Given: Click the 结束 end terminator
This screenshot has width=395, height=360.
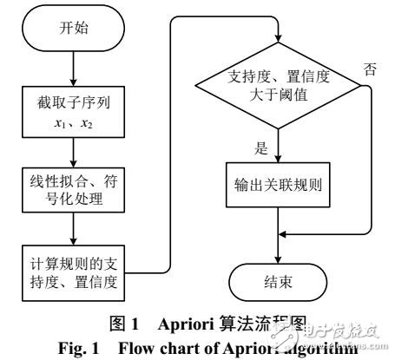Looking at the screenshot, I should click(277, 283).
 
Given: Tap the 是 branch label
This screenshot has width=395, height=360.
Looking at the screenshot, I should click(260, 147).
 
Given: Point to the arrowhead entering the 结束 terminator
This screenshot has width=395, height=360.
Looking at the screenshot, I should click(277, 259).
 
